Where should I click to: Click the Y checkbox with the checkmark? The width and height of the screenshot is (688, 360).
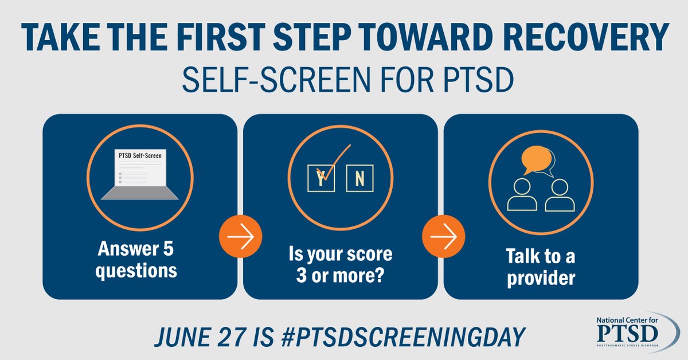[320, 178]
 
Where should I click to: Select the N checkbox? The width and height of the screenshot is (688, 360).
[359, 178]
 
